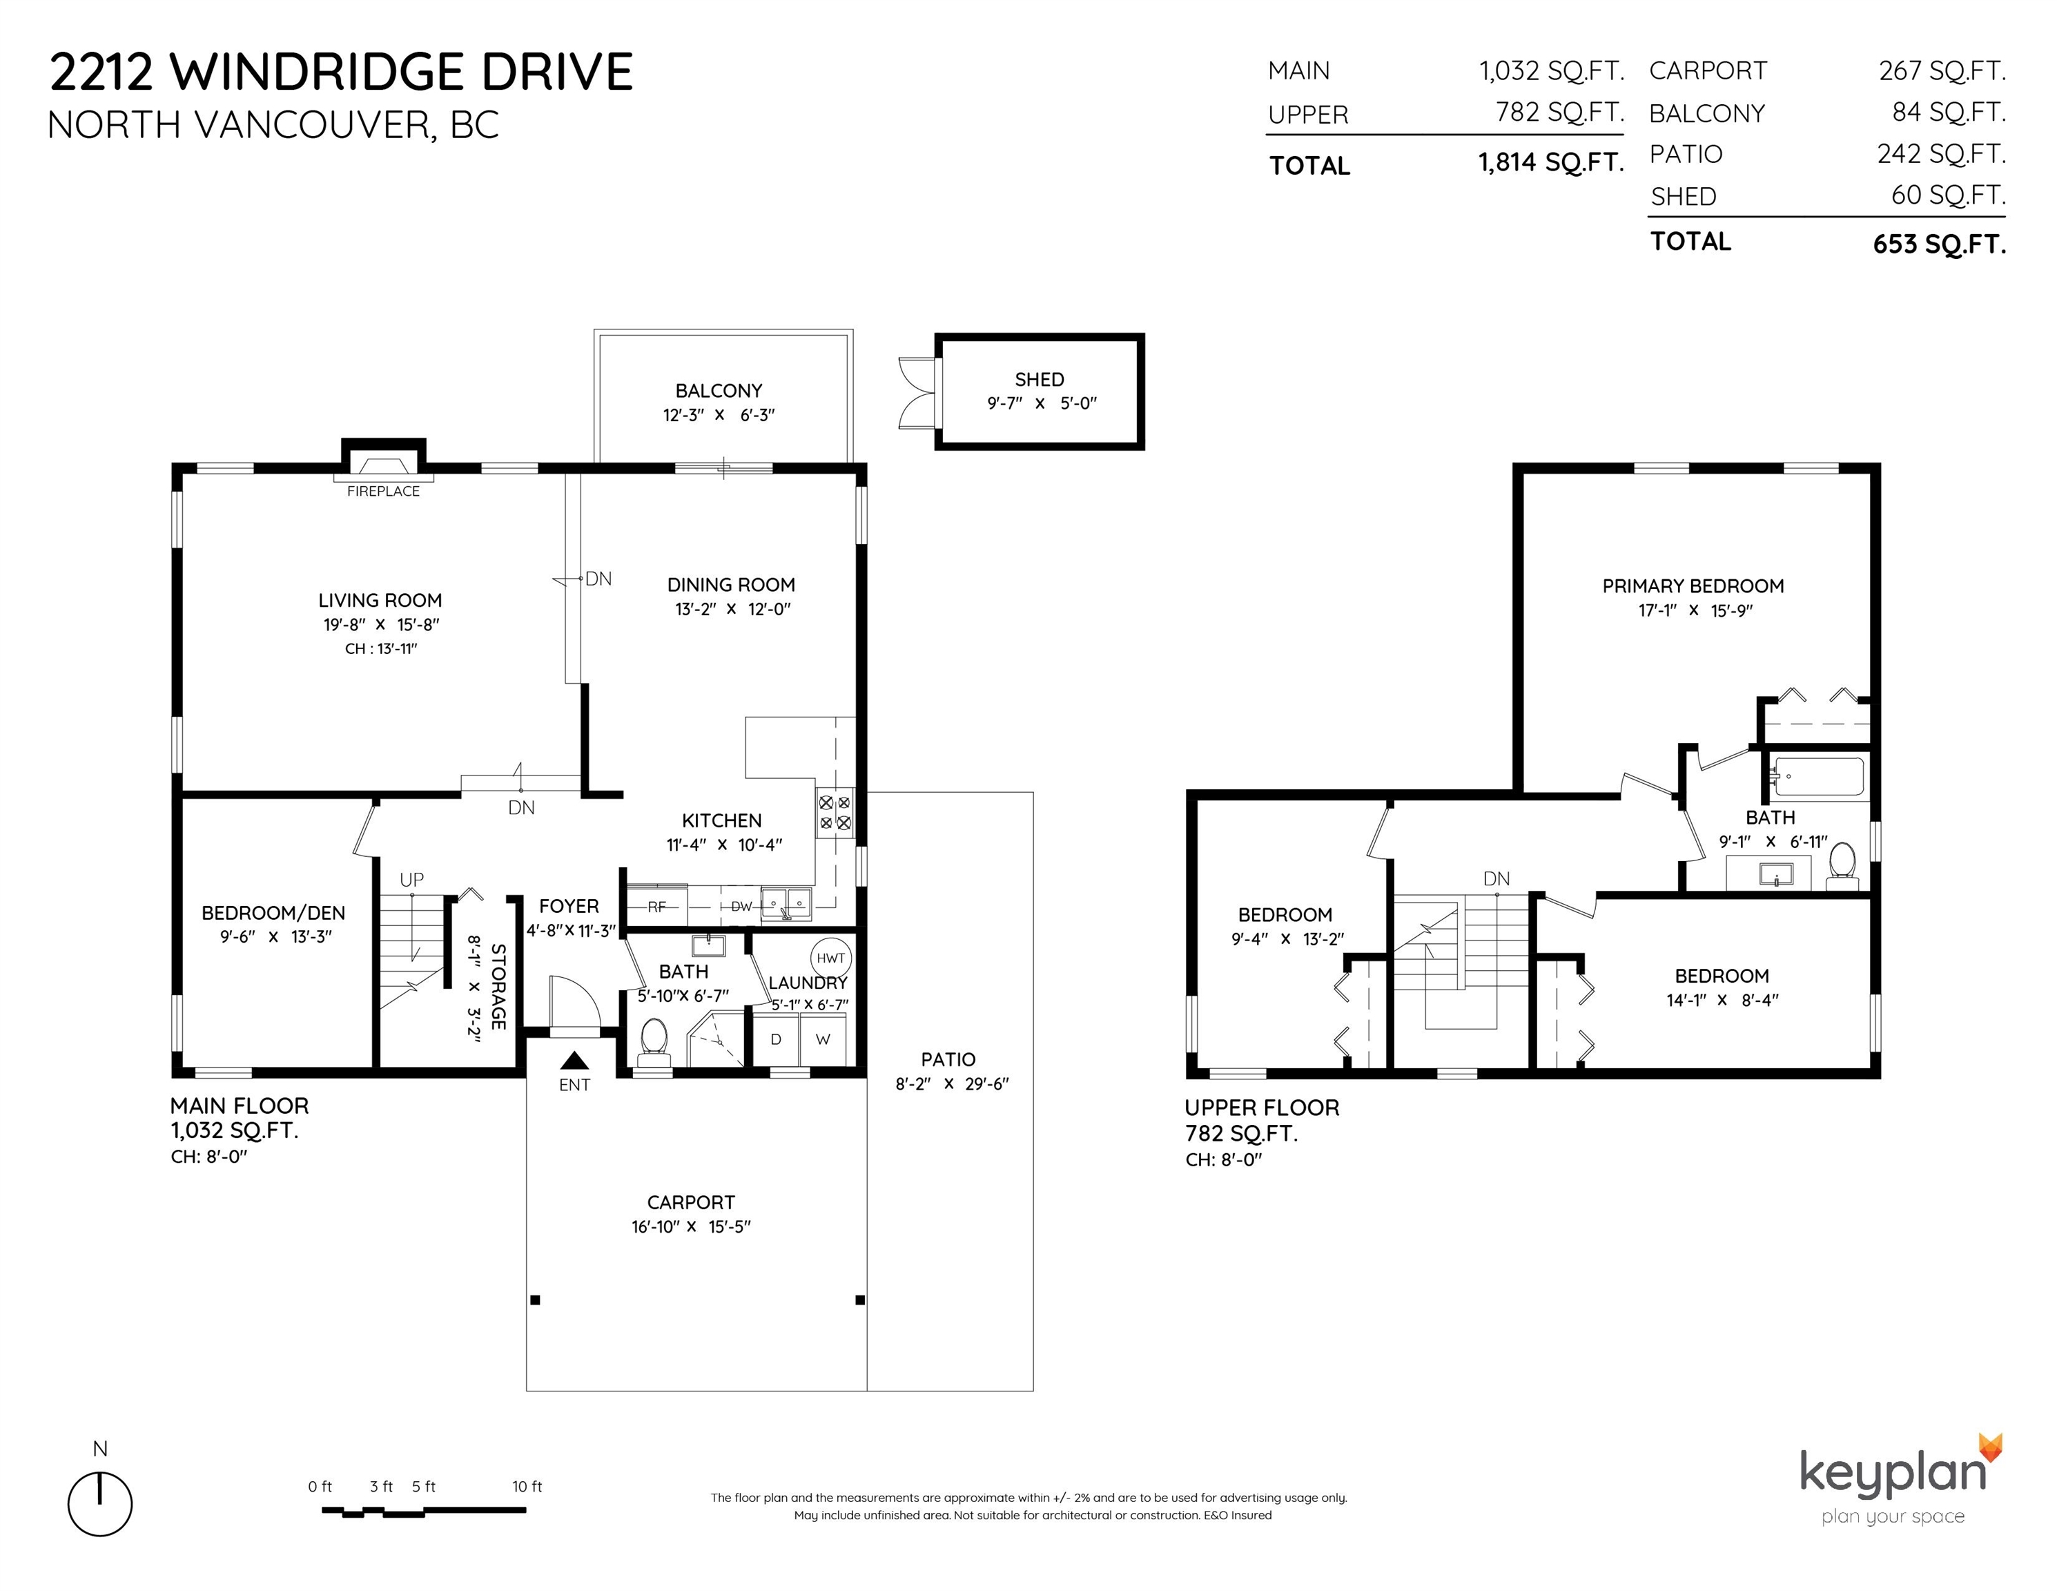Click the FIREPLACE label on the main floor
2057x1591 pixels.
tap(383, 491)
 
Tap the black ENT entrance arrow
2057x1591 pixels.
tap(574, 1061)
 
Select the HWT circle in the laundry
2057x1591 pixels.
tap(830, 958)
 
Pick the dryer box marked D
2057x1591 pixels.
tap(776, 1039)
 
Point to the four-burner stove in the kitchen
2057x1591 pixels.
tap(835, 813)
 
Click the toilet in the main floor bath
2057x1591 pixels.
tap(653, 1043)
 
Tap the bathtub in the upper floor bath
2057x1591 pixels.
tap(1817, 777)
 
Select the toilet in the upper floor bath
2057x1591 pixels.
tap(1842, 866)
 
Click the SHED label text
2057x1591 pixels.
tap(1040, 380)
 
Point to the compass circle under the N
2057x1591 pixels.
tap(100, 1505)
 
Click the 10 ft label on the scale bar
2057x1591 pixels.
tap(527, 1487)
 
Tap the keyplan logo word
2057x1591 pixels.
tap(1893, 1472)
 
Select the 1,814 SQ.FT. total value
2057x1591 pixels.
tap(1551, 163)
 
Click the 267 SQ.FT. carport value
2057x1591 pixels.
tap(1942, 70)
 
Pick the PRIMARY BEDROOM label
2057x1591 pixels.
tap(1693, 586)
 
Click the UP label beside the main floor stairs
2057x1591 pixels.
tap(411, 880)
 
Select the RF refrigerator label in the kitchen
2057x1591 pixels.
tap(657, 907)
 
